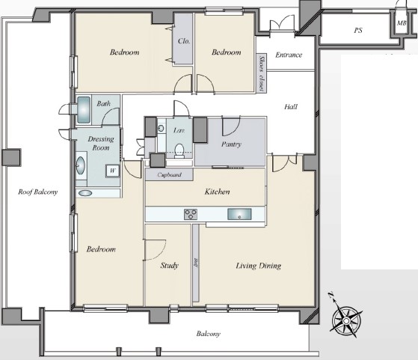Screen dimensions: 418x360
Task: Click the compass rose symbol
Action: (x=345, y=320)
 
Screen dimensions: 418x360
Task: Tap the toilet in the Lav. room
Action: (x=179, y=150)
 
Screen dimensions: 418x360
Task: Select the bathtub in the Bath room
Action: (x=84, y=110)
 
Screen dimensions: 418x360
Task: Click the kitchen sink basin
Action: (x=239, y=214)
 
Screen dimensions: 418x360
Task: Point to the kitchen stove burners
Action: (x=191, y=214)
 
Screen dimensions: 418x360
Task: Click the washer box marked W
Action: (x=112, y=171)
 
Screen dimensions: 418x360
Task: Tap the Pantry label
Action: (x=231, y=144)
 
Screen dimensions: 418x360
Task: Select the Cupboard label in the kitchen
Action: (x=169, y=175)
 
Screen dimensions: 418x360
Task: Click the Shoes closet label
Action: (x=262, y=73)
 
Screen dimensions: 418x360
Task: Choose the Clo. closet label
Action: (x=184, y=41)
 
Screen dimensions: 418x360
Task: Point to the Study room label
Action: (x=169, y=265)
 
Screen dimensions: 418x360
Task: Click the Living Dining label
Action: (x=258, y=266)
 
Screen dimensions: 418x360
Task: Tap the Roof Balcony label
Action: (x=38, y=192)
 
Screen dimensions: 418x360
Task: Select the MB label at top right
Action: (x=402, y=23)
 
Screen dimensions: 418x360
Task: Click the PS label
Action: (x=358, y=31)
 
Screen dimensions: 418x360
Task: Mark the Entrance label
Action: (x=289, y=55)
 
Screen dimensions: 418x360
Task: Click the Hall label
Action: (x=291, y=107)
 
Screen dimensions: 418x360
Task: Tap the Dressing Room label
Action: (x=101, y=143)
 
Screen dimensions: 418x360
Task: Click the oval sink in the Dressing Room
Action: (x=81, y=165)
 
